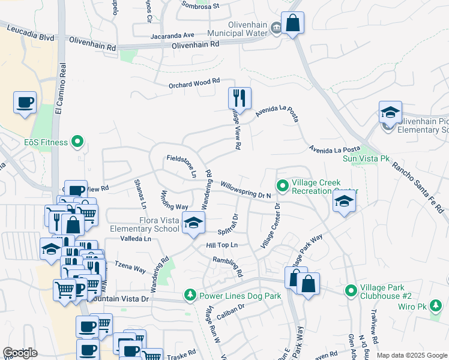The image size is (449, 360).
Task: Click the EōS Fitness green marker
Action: point(77,142)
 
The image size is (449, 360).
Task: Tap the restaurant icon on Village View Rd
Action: point(240,97)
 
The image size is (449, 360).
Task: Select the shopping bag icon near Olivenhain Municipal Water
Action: point(292,23)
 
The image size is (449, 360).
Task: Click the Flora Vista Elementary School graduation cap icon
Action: point(193,223)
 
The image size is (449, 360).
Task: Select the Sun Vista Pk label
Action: point(366,159)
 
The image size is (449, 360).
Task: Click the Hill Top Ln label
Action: point(222,245)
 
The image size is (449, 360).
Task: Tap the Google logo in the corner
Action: point(20,353)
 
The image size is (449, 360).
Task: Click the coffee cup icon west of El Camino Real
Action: point(25,103)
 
